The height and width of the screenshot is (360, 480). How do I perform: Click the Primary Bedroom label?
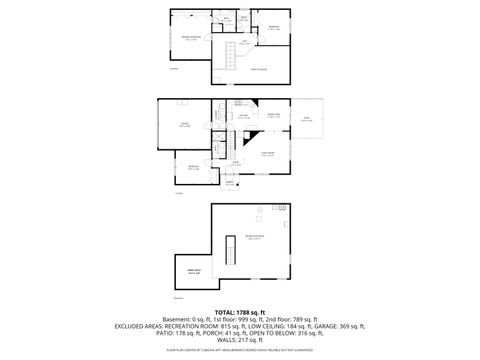click(x=191, y=37)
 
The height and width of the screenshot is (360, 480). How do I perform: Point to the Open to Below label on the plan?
click(x=257, y=68)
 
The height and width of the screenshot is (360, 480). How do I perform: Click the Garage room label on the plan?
click(x=185, y=126)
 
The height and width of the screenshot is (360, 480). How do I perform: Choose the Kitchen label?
click(x=243, y=116)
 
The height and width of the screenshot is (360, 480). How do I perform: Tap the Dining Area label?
click(x=272, y=116)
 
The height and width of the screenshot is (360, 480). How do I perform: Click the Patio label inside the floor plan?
click(x=307, y=119)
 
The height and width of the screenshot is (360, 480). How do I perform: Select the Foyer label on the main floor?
click(x=236, y=162)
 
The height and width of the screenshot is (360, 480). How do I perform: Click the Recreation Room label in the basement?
click(x=254, y=237)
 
